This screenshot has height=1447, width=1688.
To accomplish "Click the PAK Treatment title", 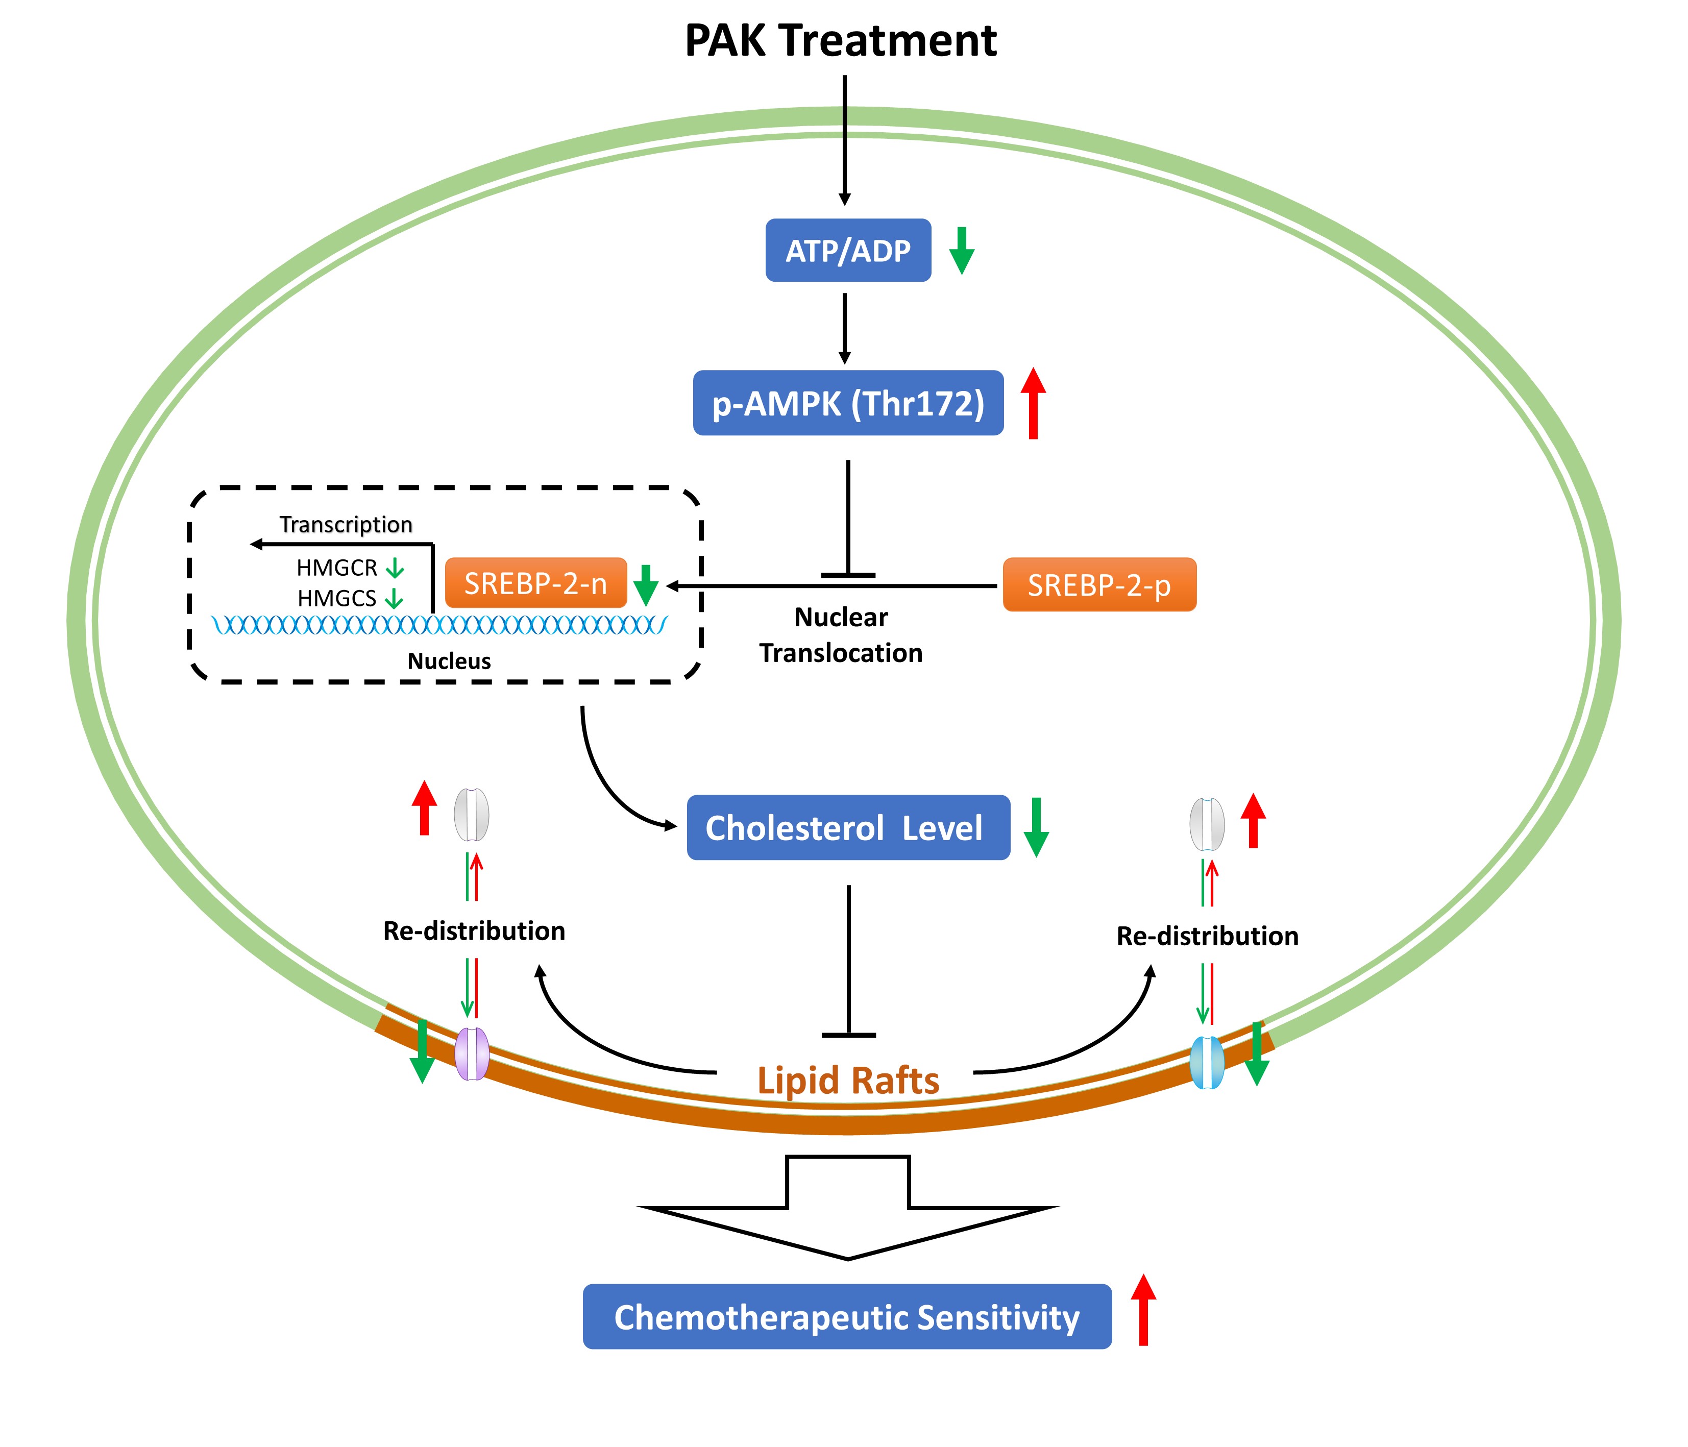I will (840, 41).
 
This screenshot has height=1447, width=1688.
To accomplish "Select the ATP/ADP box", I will (847, 250).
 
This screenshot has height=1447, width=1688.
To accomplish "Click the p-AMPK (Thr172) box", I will (847, 403).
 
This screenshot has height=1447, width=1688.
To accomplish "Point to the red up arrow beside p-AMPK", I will (1033, 403).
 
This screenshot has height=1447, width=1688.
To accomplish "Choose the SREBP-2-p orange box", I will (1099, 585).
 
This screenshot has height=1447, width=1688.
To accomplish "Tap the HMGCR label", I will (336, 568).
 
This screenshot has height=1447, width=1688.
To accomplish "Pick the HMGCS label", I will (336, 599).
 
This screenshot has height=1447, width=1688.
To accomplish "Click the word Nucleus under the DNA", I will (449, 661).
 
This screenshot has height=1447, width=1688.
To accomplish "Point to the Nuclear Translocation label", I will (841, 635).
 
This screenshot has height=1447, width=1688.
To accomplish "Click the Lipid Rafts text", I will (847, 1081).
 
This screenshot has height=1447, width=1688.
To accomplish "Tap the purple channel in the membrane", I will (472, 1053).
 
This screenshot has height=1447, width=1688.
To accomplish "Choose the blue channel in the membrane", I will (1207, 1063).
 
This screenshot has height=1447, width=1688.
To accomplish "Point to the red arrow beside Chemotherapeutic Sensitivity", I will (1143, 1310).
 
